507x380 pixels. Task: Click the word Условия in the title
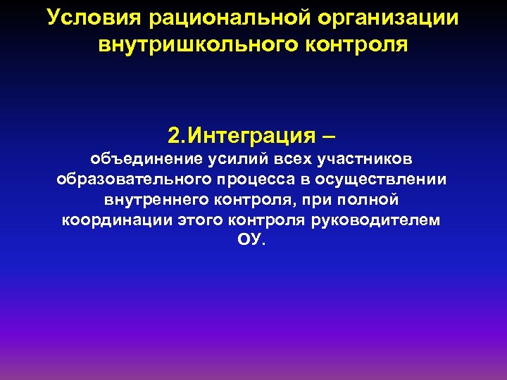pyautogui.click(x=85, y=17)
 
